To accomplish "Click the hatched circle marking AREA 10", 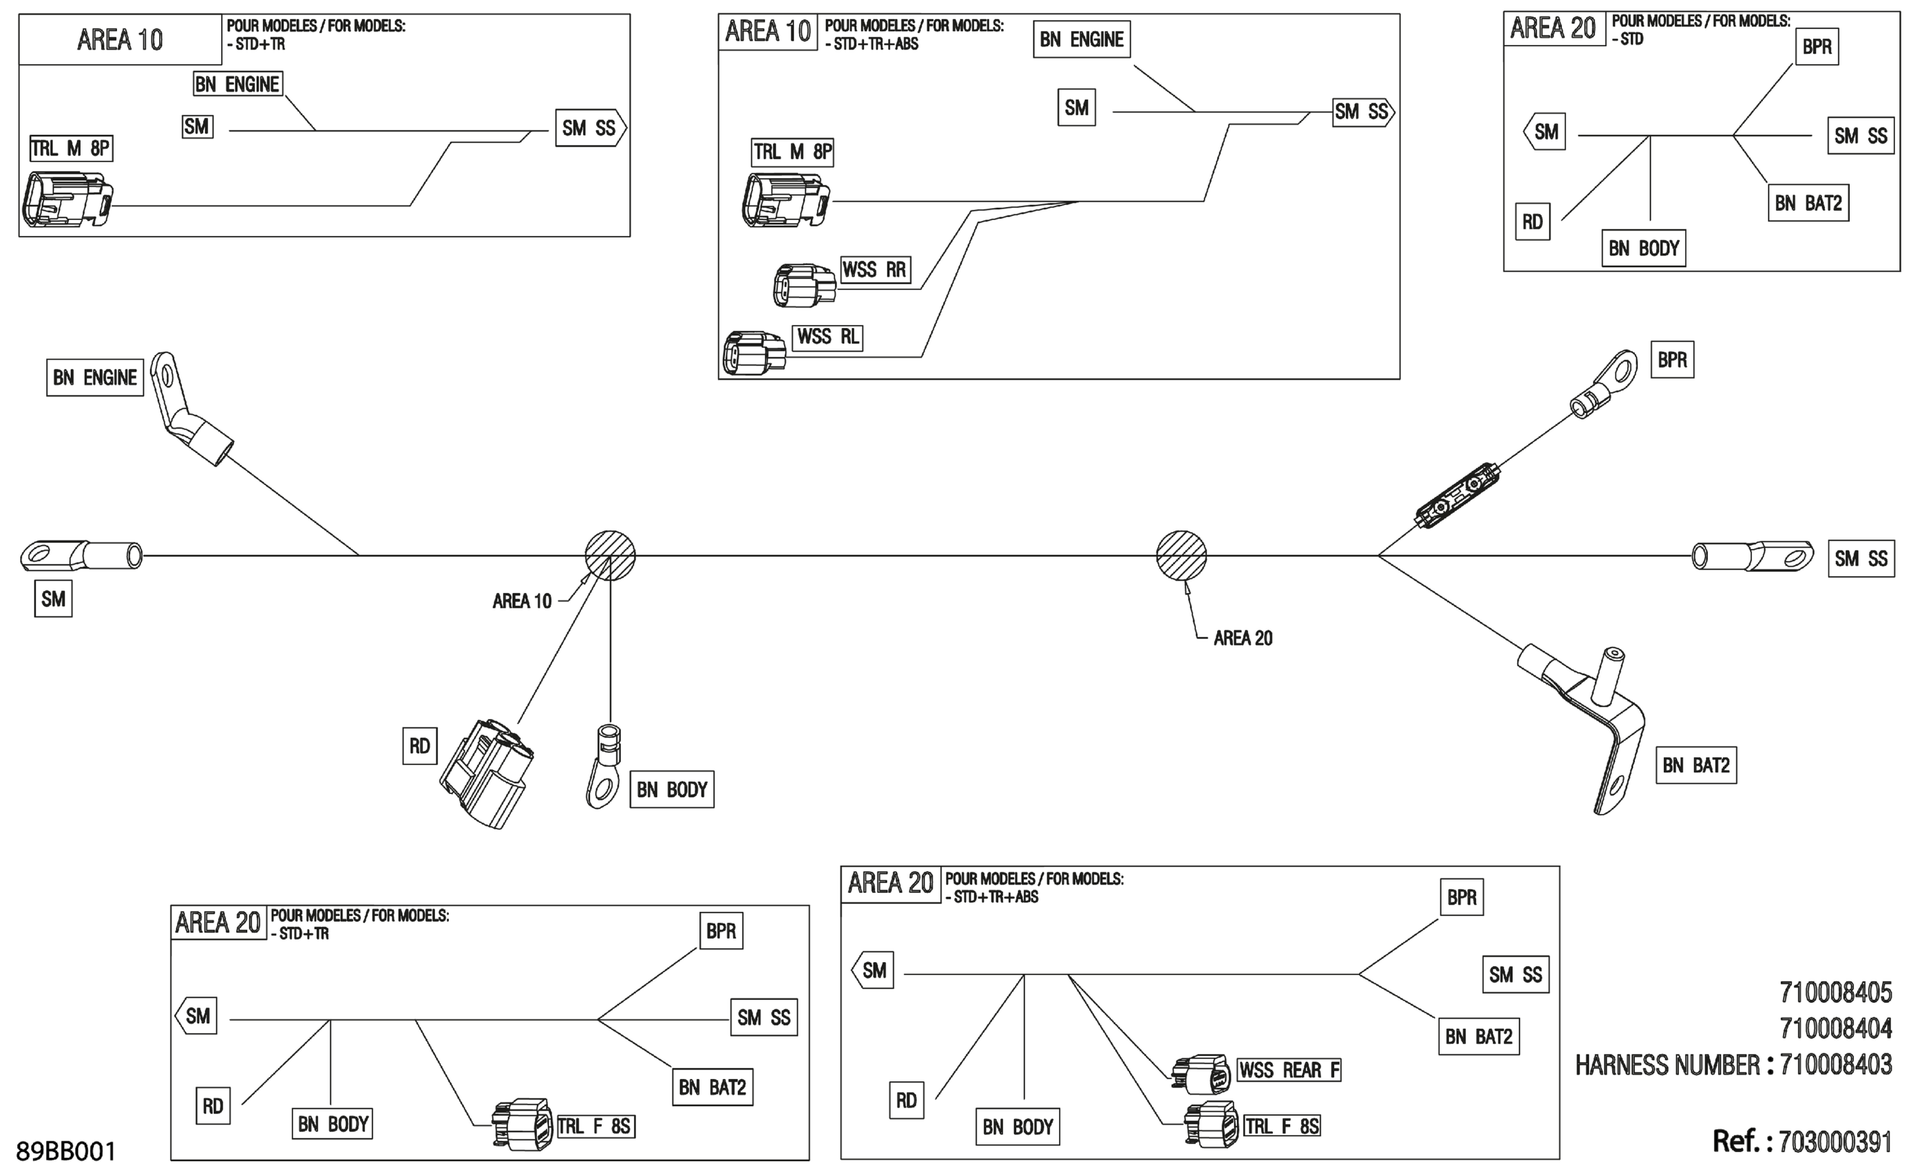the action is (x=611, y=555).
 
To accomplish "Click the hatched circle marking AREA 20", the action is (x=1181, y=555).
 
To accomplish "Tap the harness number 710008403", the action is (x=1836, y=1065).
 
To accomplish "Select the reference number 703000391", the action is (x=1835, y=1141).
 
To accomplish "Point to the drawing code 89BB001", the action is (x=66, y=1151).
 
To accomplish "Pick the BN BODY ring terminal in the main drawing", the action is (x=604, y=766).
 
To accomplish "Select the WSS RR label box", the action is (x=875, y=270).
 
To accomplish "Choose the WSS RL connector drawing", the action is (x=754, y=353).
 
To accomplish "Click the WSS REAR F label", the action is (x=1289, y=1070).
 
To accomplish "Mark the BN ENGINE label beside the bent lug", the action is (x=94, y=378).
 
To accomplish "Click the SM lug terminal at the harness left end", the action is (x=81, y=556).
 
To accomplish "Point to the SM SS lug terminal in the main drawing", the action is (x=1753, y=556).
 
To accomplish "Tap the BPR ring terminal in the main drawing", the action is (x=1604, y=384).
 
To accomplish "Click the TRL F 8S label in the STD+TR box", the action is (x=595, y=1126).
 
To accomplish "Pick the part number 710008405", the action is (x=1836, y=992).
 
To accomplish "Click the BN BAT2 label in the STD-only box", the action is (x=1808, y=203).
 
